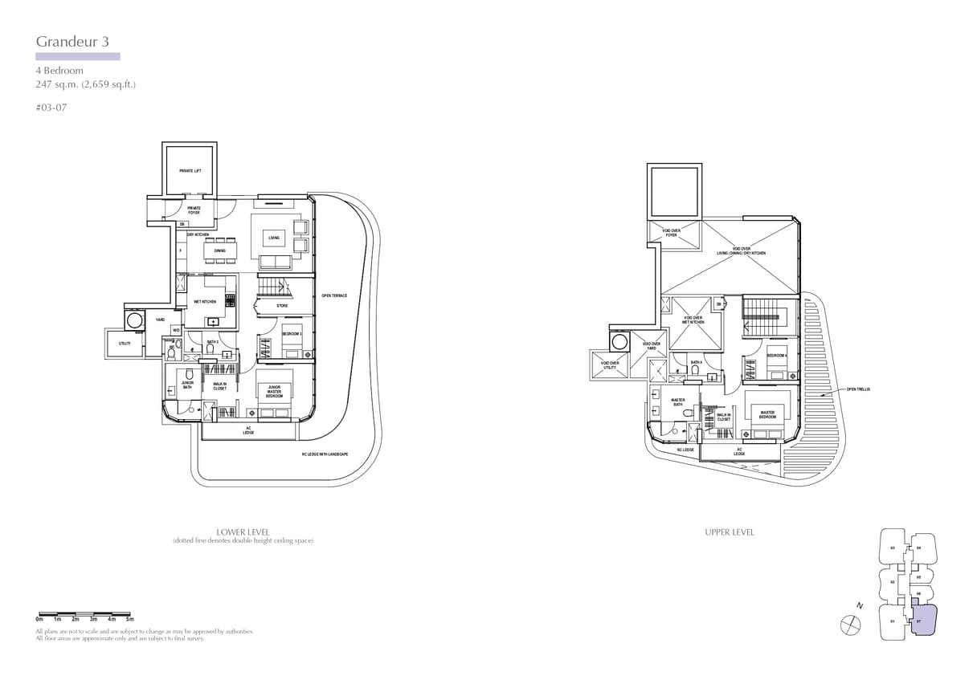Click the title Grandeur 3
pyautogui.click(x=72, y=42)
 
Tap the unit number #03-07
pyautogui.click(x=51, y=108)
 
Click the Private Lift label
pyautogui.click(x=190, y=171)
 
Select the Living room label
pyautogui.click(x=274, y=238)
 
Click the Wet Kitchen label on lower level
pyautogui.click(x=205, y=302)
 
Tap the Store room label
pyautogui.click(x=282, y=306)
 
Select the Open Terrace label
pyautogui.click(x=334, y=296)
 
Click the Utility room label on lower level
pyautogui.click(x=125, y=344)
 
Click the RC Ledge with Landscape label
pyautogui.click(x=330, y=454)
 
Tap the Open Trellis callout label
pyautogui.click(x=858, y=389)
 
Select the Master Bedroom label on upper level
pyautogui.click(x=767, y=414)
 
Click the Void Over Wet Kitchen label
pyautogui.click(x=693, y=320)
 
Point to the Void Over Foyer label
pyautogui.click(x=671, y=233)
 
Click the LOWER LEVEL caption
pyautogui.click(x=243, y=531)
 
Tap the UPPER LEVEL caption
pyautogui.click(x=730, y=531)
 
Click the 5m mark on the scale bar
pyautogui.click(x=129, y=620)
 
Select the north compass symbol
pyautogui.click(x=849, y=621)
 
